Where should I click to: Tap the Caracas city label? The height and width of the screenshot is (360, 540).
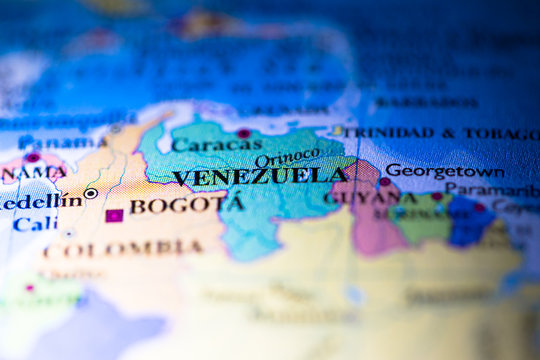point(216,145)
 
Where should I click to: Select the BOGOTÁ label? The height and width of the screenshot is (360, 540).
point(186,206)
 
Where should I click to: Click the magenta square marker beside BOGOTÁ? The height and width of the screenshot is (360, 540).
point(114,215)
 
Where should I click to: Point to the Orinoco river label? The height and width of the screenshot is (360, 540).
point(288,158)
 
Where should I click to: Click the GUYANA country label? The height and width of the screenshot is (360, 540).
point(357,198)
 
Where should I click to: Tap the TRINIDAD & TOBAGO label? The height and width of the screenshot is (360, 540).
point(440,133)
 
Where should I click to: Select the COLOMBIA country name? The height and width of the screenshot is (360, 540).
point(124,248)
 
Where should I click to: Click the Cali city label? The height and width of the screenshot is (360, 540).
point(35,224)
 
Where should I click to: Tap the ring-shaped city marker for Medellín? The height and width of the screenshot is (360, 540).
point(91,193)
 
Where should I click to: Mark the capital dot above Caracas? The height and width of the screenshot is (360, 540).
point(243,133)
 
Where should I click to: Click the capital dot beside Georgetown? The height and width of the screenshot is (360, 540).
point(384,182)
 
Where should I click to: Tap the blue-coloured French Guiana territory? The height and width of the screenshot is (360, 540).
point(471,222)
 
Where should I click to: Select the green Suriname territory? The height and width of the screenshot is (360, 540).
point(425,221)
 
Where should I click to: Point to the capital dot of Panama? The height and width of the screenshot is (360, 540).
point(33,158)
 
